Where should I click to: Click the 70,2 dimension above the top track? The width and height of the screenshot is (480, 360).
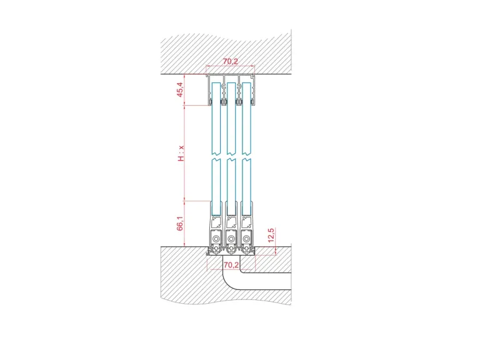230,61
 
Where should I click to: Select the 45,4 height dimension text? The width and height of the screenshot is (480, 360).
181,89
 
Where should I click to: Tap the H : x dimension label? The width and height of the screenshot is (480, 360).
181,153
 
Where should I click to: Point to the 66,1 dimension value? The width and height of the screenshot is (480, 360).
180,223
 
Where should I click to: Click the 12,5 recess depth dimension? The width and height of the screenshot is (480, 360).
271,235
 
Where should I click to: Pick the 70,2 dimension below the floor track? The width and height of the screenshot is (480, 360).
231,265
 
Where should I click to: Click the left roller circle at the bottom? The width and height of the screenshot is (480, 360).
216,239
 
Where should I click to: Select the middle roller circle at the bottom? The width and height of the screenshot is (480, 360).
231,239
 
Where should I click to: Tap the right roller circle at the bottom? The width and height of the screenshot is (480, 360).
246,239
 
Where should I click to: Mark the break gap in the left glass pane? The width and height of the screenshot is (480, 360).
216,156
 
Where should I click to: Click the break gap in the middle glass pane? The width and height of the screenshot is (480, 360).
231,156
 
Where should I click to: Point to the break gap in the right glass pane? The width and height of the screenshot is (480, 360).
246,156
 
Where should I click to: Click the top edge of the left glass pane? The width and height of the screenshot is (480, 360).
216,82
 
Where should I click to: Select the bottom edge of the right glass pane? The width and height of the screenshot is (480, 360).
246,214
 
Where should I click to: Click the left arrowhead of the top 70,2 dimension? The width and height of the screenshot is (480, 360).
207,66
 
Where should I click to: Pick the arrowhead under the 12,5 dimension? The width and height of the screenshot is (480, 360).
276,253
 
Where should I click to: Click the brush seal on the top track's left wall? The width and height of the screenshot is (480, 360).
211,101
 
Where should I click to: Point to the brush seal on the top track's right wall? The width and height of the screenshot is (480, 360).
252,101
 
